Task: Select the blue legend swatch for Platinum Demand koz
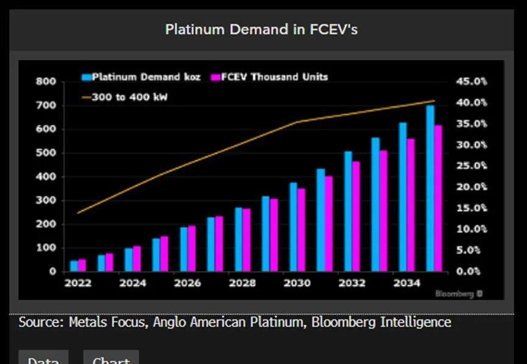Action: [87, 77]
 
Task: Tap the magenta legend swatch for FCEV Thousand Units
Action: [214, 77]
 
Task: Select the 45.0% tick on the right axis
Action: [472, 82]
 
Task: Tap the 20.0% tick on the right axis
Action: [472, 187]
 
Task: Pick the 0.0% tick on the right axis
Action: [473, 271]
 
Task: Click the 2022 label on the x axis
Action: [77, 284]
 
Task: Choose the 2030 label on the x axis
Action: [297, 284]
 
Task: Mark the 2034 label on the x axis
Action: [406, 284]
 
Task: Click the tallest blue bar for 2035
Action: [430, 189]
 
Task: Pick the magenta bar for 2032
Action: [356, 216]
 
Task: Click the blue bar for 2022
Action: [74, 266]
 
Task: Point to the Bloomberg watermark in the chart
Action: [459, 294]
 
